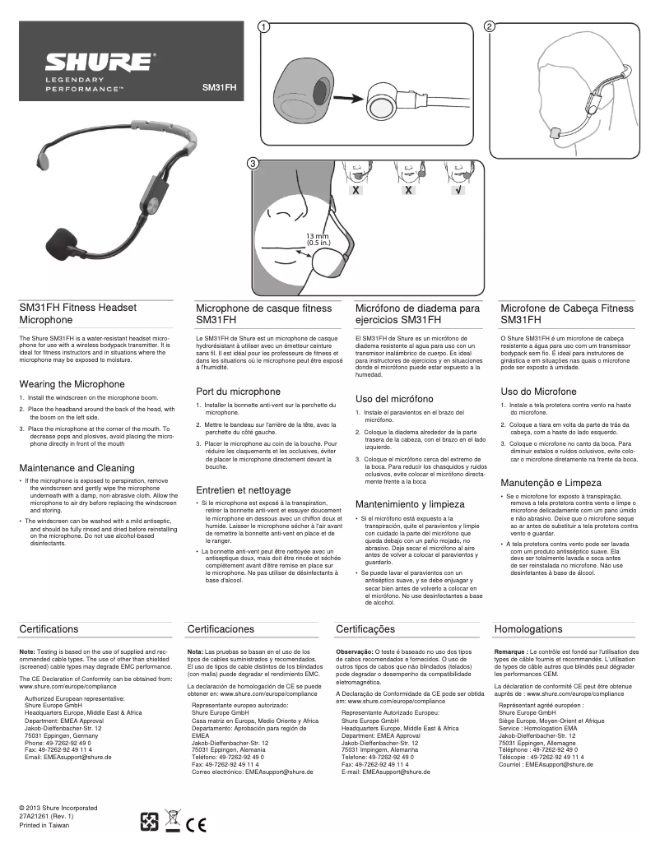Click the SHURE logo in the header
(98, 63)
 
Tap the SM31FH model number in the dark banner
(219, 86)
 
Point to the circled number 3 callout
(253, 164)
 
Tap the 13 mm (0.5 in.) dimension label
(318, 239)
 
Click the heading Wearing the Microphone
(72, 384)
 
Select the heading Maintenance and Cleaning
(77, 468)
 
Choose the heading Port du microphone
(239, 392)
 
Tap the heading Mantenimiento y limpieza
(410, 503)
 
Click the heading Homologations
(528, 629)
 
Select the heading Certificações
(366, 629)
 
